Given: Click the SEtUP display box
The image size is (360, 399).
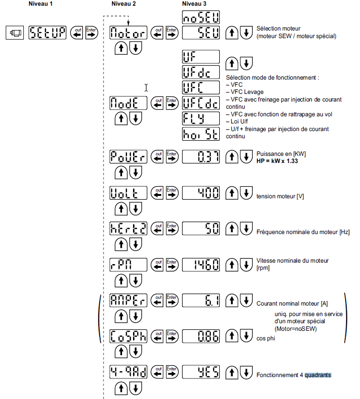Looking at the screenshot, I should click(x=48, y=33).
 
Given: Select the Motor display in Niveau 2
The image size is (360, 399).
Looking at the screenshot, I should click(x=128, y=33).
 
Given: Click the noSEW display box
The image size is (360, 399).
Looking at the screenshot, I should click(x=201, y=18).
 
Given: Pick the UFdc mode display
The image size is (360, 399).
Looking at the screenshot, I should click(x=201, y=72).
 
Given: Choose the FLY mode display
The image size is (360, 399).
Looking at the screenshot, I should click(x=201, y=118).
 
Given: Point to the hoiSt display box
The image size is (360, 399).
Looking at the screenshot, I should click(x=201, y=134).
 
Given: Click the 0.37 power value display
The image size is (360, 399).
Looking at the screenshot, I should click(x=201, y=156).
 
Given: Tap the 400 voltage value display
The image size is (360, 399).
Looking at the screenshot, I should click(x=201, y=193).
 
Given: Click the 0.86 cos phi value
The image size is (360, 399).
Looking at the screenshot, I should click(x=201, y=337).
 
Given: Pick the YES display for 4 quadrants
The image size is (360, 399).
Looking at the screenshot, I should click(x=201, y=372).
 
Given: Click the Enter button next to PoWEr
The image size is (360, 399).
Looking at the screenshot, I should click(x=172, y=156).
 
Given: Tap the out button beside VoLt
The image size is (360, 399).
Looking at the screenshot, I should click(x=157, y=193).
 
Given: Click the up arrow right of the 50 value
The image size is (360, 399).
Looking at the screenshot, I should click(x=232, y=228).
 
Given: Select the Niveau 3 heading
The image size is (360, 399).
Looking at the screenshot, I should click(x=195, y=4).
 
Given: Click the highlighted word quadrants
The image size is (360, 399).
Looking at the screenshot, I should click(x=318, y=375).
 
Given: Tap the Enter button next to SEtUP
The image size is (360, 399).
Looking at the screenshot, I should click(x=92, y=33).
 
